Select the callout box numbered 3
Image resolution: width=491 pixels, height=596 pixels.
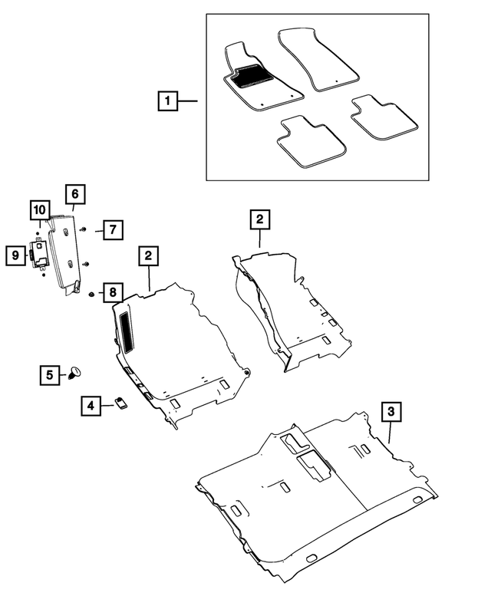[391, 412]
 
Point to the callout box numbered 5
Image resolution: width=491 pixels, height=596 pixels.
[49, 374]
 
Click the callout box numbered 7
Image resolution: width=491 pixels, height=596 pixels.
[111, 229]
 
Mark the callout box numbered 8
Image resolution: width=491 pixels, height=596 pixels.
[112, 292]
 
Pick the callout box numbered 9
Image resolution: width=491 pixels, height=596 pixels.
[15, 255]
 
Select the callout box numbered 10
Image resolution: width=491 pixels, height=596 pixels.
[40, 209]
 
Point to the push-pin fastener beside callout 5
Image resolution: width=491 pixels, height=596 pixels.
[76, 372]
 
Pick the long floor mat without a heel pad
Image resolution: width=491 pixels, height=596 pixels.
[318, 60]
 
